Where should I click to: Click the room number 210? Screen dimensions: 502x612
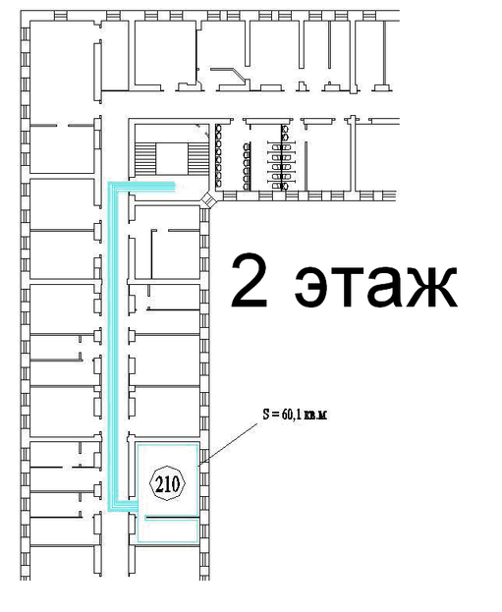click(x=168, y=484)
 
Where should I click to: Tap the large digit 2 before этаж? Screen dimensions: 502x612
click(x=250, y=280)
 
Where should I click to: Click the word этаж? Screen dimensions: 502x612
click(x=375, y=287)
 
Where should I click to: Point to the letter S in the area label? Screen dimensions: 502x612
click(x=266, y=414)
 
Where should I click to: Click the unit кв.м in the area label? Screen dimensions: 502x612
click(x=315, y=416)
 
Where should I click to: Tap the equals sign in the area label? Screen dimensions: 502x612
click(x=276, y=415)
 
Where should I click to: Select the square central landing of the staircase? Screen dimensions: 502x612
click(x=172, y=158)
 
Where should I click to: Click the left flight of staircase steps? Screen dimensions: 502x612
click(x=145, y=158)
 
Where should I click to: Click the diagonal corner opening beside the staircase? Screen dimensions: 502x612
click(x=209, y=199)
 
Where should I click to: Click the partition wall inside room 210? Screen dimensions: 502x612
click(x=172, y=517)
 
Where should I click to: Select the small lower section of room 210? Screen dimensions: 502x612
click(x=168, y=530)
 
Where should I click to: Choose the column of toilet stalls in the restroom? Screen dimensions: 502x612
click(x=282, y=157)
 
